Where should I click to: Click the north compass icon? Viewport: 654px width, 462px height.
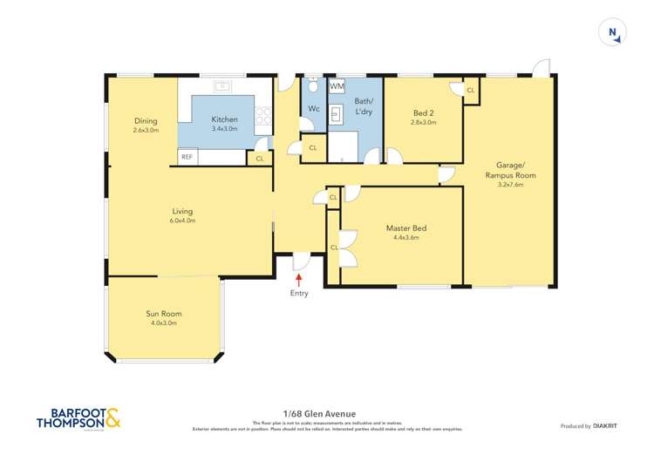(613, 33)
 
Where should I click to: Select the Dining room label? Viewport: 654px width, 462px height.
(146, 120)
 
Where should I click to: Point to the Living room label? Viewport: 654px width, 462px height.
(182, 211)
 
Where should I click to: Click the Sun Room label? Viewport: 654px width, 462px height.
(164, 313)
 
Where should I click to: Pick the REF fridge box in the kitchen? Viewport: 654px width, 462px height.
(187, 158)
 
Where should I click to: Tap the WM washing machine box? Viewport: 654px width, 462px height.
(337, 87)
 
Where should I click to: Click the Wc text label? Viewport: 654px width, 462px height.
(312, 109)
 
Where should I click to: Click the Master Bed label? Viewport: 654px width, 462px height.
(406, 228)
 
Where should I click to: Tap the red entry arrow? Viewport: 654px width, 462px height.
(299, 280)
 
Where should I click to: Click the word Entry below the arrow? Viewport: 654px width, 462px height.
(299, 293)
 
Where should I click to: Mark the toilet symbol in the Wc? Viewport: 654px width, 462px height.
(311, 87)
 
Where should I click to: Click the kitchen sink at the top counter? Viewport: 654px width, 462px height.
(223, 86)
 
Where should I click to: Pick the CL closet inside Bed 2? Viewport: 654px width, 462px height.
(470, 90)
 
